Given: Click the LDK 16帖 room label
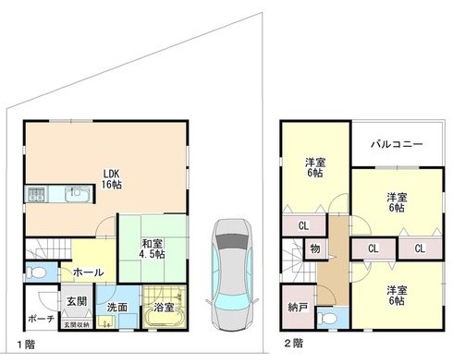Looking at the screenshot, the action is tap(112, 179).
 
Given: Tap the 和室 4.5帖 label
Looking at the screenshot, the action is tap(153, 248).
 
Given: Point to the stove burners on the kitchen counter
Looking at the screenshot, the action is tap(37, 195).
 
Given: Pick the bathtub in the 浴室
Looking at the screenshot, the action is tap(165, 319).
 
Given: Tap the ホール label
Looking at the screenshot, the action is tap(89, 272).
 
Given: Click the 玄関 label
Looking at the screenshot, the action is tap(77, 301).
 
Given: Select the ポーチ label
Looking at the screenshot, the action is tap(42, 319).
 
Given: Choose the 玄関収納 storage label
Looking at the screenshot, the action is tap(77, 324).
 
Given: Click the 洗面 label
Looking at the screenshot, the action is tap(117, 308).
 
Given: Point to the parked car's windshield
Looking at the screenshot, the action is tap(233, 242).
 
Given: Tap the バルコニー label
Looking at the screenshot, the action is tap(397, 144).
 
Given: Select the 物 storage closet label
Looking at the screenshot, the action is tap(315, 248).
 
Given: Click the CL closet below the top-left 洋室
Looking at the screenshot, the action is tap(303, 226).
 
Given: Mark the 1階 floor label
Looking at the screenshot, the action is tap(26, 345).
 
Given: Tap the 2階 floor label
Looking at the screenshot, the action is tap(293, 344).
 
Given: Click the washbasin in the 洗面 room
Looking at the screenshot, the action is tap(106, 322).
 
